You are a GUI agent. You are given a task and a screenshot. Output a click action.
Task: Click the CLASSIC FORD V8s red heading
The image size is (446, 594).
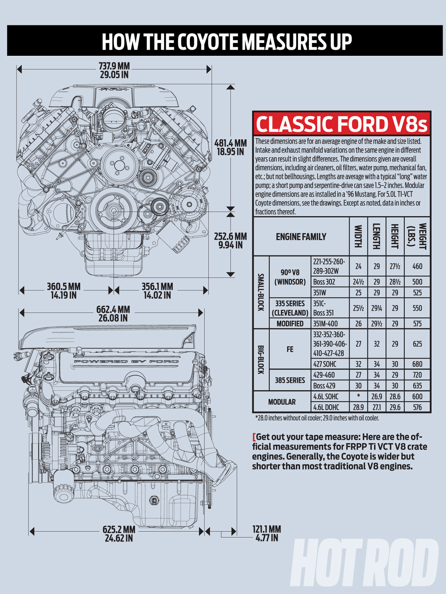341,124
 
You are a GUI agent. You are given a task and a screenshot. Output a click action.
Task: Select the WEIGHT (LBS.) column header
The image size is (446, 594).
417,236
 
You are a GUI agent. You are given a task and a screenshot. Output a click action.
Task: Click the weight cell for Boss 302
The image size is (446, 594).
417,282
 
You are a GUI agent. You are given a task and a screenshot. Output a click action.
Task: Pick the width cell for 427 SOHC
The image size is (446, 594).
358,364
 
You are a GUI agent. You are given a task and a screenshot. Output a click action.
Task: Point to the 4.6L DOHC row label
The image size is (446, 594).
326,407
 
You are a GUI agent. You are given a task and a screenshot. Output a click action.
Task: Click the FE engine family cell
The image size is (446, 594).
290,349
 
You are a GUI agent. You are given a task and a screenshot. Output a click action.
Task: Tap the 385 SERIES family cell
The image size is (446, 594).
290,380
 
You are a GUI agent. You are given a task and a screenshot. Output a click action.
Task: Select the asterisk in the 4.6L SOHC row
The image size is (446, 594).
358,396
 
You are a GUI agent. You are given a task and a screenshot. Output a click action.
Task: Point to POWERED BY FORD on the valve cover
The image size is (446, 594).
126,361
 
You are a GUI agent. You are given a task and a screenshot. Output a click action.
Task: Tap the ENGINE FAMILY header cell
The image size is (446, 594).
301,236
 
